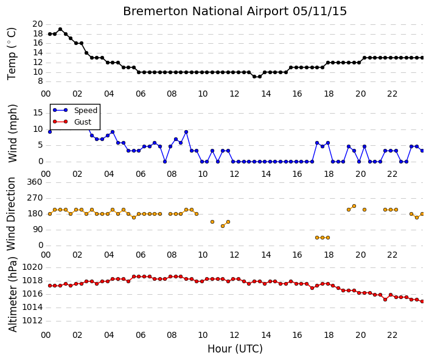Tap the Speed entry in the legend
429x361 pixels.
86,111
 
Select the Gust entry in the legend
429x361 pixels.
83,122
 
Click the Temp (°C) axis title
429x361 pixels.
12,53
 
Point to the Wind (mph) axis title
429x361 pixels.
13,133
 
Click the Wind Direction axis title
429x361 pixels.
11,214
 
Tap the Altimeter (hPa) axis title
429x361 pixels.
13,294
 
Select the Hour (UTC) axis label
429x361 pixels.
235,349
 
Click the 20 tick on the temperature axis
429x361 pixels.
38,24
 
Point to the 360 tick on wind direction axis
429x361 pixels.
35,182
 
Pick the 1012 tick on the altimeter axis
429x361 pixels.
32,320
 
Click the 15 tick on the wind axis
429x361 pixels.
38,112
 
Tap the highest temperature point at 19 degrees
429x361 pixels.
60,29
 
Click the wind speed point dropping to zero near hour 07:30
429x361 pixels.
165,162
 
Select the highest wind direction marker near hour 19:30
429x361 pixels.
354,206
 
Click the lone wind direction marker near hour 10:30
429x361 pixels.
212,222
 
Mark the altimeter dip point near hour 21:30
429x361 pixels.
385,300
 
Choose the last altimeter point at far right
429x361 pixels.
422,301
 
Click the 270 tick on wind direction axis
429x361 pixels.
35,198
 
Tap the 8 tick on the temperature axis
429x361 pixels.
41,81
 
